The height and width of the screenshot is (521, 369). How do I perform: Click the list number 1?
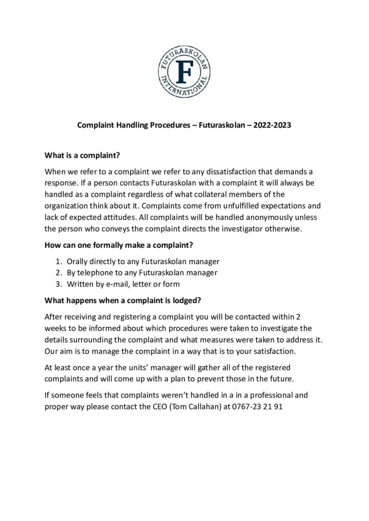coord(58,262)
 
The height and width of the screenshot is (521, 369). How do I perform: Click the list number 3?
coord(58,284)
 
